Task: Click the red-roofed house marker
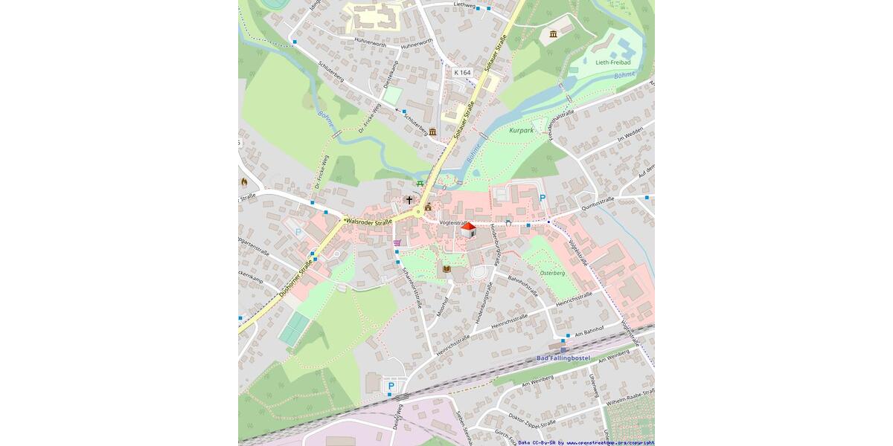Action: [x=468, y=230]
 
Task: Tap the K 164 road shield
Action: [x=463, y=72]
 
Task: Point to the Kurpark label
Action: [x=522, y=130]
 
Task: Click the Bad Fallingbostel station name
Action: [x=563, y=358]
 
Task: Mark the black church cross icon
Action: [x=409, y=200]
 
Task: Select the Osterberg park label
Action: [x=552, y=273]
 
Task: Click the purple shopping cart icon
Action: [x=397, y=242]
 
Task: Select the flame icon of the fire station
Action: [x=243, y=181]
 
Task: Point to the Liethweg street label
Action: [x=464, y=5]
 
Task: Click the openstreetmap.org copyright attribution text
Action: [x=586, y=442]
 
